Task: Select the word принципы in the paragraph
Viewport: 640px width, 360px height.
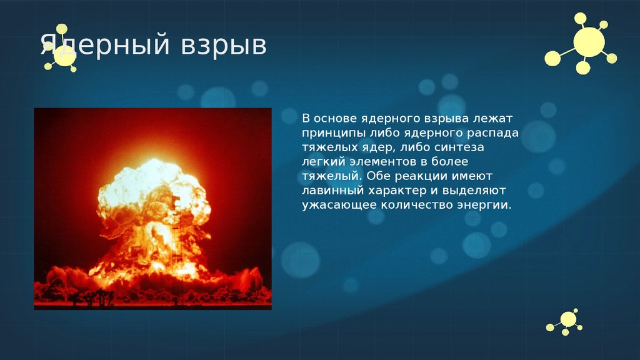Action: tap(328, 132)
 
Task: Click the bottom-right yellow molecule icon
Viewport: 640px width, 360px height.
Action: tap(566, 321)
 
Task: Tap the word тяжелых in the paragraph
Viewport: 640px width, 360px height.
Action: tap(325, 147)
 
